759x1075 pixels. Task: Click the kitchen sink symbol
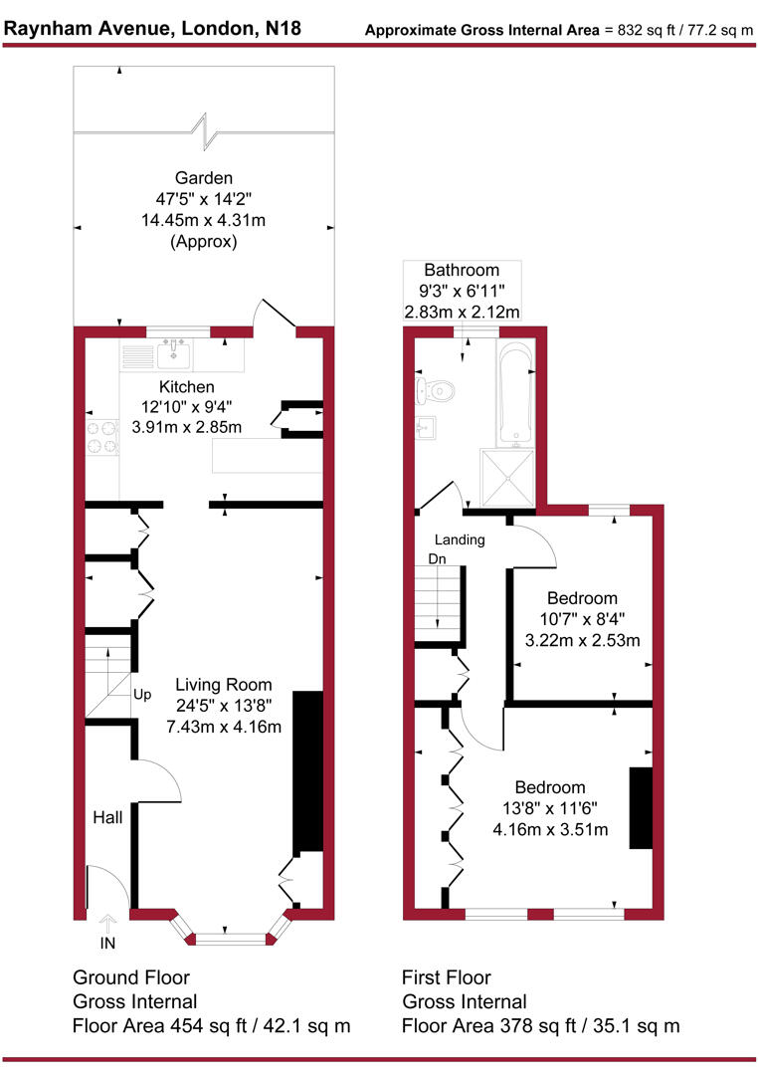pos(175,351)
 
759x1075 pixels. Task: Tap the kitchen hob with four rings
pos(101,436)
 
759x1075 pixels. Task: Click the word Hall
pos(107,817)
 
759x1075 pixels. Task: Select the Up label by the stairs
pos(142,694)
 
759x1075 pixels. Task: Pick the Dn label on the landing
pos(437,559)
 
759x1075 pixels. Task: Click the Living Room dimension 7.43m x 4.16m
pos(224,727)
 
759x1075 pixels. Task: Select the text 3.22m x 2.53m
pos(582,640)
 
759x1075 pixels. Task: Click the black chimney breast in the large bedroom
pos(640,808)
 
